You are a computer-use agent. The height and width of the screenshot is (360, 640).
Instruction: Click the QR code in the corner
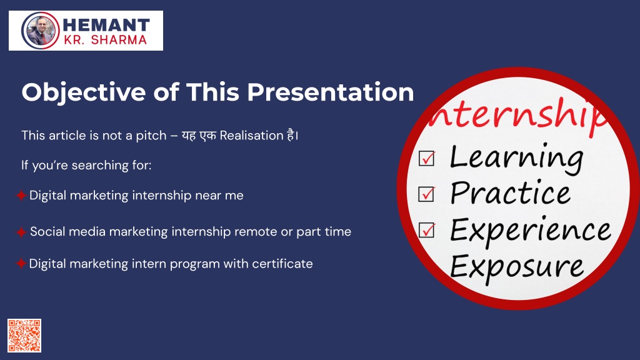(24, 336)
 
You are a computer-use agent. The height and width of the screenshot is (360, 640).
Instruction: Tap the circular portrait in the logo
(41, 31)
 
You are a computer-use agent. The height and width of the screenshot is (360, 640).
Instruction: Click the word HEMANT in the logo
(106, 25)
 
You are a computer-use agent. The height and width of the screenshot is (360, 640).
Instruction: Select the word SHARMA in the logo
(119, 40)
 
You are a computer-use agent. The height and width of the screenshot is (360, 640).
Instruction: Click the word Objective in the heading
(84, 92)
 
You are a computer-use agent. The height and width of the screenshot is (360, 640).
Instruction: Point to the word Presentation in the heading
(330, 92)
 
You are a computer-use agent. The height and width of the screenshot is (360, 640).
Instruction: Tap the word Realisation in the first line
(251, 136)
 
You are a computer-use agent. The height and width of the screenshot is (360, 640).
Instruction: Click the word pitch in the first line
(151, 136)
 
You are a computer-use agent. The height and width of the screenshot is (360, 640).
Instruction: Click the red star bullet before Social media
(21, 232)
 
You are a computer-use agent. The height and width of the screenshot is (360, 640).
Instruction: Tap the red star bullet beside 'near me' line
(21, 196)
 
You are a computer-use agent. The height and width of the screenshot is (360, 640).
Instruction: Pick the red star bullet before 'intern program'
(21, 264)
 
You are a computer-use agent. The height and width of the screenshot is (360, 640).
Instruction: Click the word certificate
(282, 264)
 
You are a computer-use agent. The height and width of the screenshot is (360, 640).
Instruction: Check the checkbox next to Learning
(426, 158)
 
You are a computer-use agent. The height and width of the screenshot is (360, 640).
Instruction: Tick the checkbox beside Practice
(426, 194)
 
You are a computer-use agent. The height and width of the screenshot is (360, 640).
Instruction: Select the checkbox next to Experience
(426, 230)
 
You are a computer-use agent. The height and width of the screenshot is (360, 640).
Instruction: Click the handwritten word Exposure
(517, 267)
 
